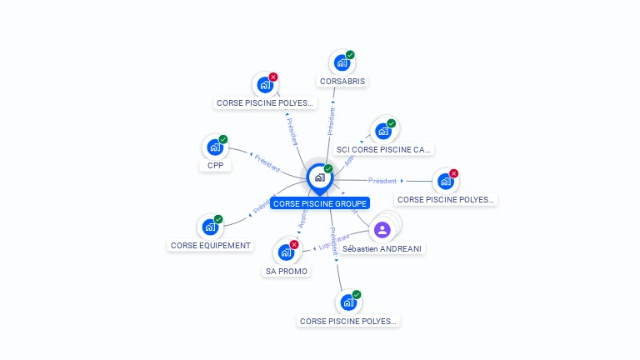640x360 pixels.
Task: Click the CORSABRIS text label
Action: click(x=342, y=82)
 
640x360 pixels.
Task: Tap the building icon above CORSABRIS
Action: click(x=341, y=62)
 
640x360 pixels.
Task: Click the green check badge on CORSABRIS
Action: click(x=350, y=55)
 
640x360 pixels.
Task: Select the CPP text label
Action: click(x=216, y=165)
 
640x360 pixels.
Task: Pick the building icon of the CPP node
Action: click(x=214, y=147)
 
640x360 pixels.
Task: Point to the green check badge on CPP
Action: click(x=223, y=139)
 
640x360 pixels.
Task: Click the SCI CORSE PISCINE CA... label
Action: click(x=383, y=150)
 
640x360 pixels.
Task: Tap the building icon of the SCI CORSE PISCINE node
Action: click(x=383, y=131)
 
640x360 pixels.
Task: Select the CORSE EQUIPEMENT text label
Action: click(x=210, y=246)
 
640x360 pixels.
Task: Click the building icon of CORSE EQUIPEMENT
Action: click(x=210, y=227)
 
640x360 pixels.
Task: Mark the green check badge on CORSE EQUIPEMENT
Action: click(x=218, y=219)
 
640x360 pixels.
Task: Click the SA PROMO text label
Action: click(x=287, y=271)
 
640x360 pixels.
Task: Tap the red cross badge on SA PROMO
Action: click(x=294, y=244)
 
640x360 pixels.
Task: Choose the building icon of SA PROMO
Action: click(x=286, y=252)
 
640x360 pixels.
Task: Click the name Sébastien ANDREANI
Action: click(x=383, y=248)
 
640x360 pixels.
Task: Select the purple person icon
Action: click(x=382, y=229)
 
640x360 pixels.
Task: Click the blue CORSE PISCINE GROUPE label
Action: click(x=320, y=203)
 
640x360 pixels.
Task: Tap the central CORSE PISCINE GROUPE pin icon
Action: click(x=319, y=177)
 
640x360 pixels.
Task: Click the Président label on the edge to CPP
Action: click(x=267, y=163)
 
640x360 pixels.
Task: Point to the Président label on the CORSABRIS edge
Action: click(x=332, y=121)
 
